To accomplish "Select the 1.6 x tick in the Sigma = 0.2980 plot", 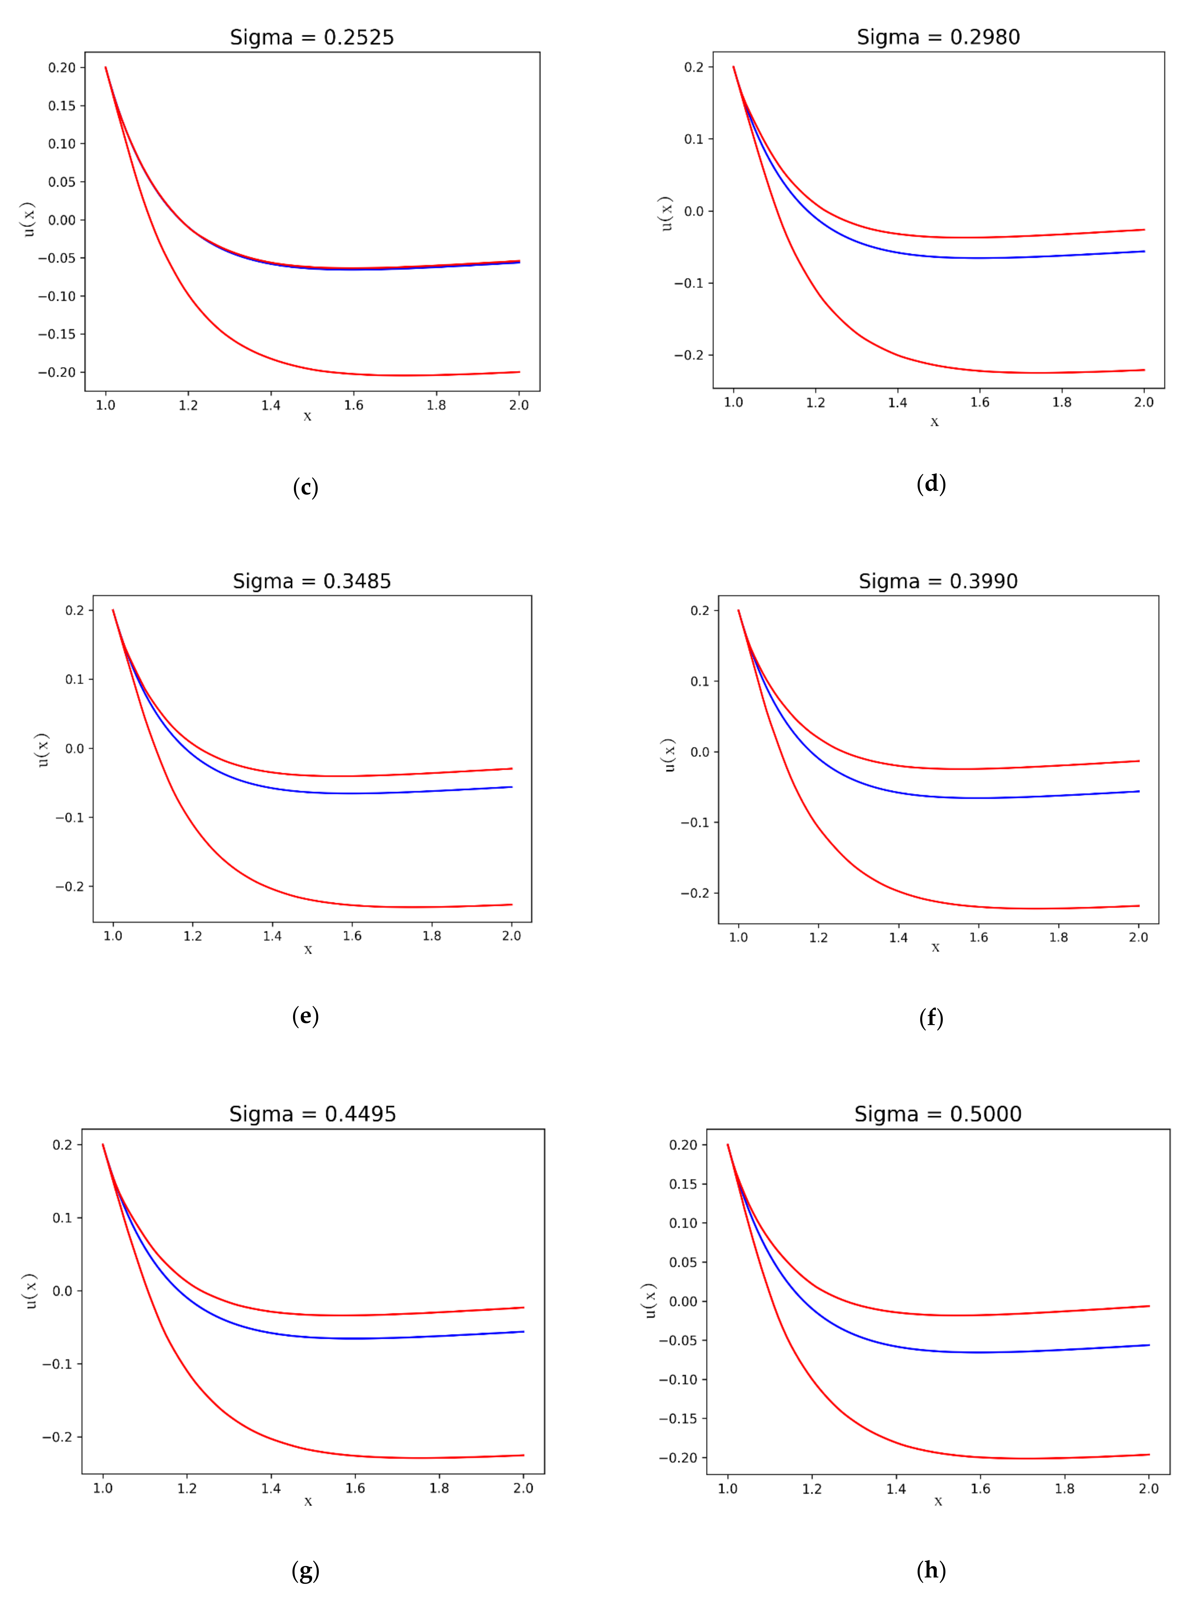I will coord(979,403).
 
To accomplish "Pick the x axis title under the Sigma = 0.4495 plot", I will coord(308,1501).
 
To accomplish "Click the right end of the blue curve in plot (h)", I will coord(1148,1345).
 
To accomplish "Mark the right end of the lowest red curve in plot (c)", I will coord(519,372).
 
